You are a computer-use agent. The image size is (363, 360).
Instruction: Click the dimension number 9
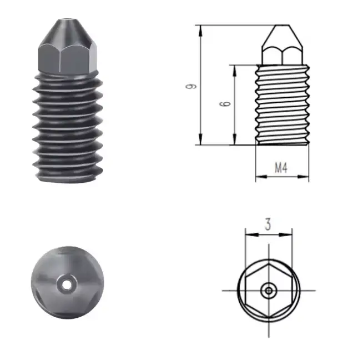[x=191, y=86]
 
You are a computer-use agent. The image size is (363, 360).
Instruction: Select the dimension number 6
[x=225, y=103]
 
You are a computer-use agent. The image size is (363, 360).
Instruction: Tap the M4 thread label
[x=281, y=168]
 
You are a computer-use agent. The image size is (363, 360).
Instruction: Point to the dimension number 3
[x=268, y=224]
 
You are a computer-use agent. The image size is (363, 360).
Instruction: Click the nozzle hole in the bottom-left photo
[x=67, y=284]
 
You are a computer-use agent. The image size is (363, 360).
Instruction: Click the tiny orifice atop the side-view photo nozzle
[x=67, y=18]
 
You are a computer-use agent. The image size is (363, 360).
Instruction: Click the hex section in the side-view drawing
[x=282, y=56]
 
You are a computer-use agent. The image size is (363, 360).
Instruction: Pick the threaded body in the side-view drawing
[x=282, y=104]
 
